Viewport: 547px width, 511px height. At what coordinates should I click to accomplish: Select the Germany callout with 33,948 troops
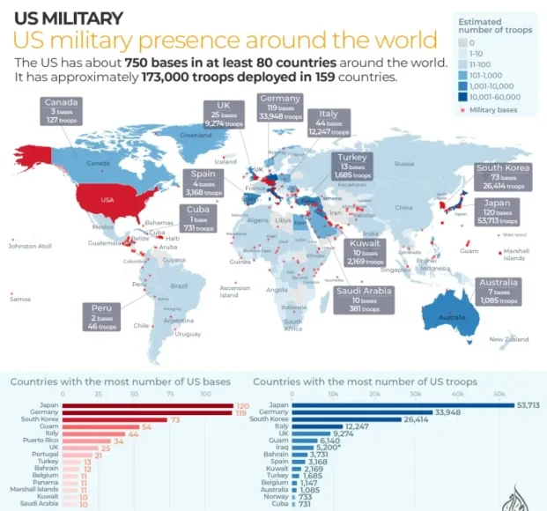coord(280,106)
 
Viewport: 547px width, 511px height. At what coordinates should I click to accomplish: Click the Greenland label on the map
coord(196,136)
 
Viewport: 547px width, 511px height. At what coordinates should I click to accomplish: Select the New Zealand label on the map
coord(508,339)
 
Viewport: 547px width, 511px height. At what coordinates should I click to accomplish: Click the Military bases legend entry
coord(492,111)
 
